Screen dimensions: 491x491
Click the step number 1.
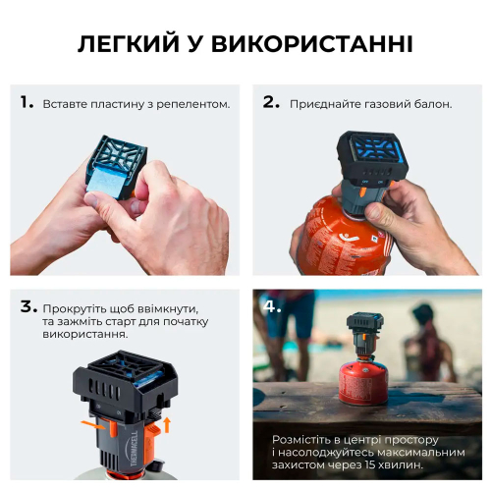(x=27, y=102)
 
